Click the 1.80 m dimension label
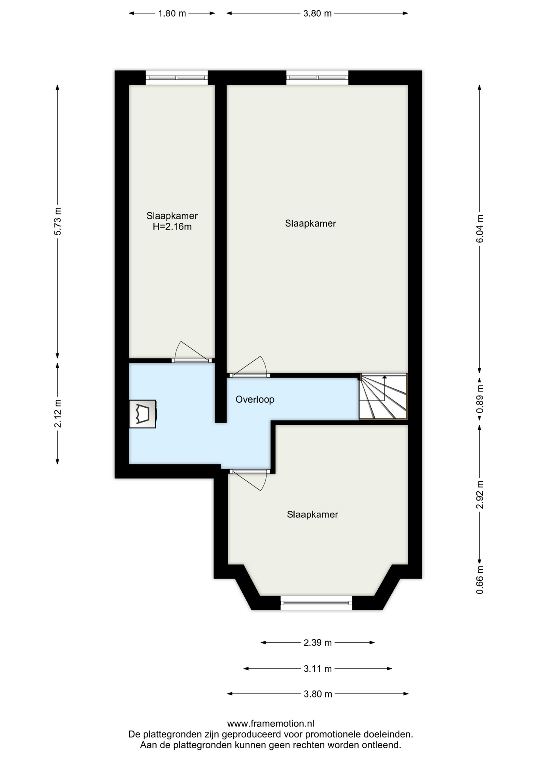coord(172,13)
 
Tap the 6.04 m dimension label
coord(480,228)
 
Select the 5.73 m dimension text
coord(58,221)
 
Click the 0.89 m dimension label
coord(480,399)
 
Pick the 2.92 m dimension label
coord(480,495)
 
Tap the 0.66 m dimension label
coord(480,580)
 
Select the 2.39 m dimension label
coord(318,643)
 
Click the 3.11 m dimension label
coord(318,669)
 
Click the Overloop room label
coord(255,399)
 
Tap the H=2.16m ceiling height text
coord(172,227)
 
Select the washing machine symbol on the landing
coord(143,414)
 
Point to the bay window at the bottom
coord(316,603)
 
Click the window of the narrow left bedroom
coord(176,78)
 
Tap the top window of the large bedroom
coord(317,78)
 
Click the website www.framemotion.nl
coord(270,724)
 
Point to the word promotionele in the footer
coord(331,734)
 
